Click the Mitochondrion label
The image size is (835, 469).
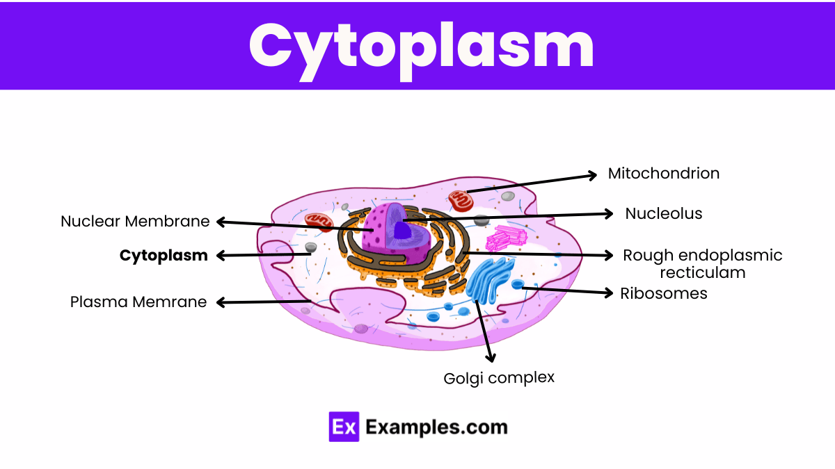click(x=663, y=173)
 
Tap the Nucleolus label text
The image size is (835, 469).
click(x=663, y=213)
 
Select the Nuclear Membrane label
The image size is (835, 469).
click(x=135, y=222)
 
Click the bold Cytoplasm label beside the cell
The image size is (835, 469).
click(x=164, y=256)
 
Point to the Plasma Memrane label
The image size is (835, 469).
click(x=138, y=302)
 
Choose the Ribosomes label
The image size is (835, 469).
click(x=663, y=293)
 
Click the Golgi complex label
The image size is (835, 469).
click(x=499, y=378)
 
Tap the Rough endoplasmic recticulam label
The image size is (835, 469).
click(x=702, y=263)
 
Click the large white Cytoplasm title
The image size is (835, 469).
click(x=422, y=45)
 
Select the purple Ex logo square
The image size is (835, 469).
click(x=344, y=427)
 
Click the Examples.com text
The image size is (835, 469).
click(x=436, y=427)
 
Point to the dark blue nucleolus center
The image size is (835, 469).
click(x=401, y=229)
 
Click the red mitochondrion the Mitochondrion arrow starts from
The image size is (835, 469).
click(x=460, y=200)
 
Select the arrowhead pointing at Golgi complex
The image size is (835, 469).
click(x=491, y=357)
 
